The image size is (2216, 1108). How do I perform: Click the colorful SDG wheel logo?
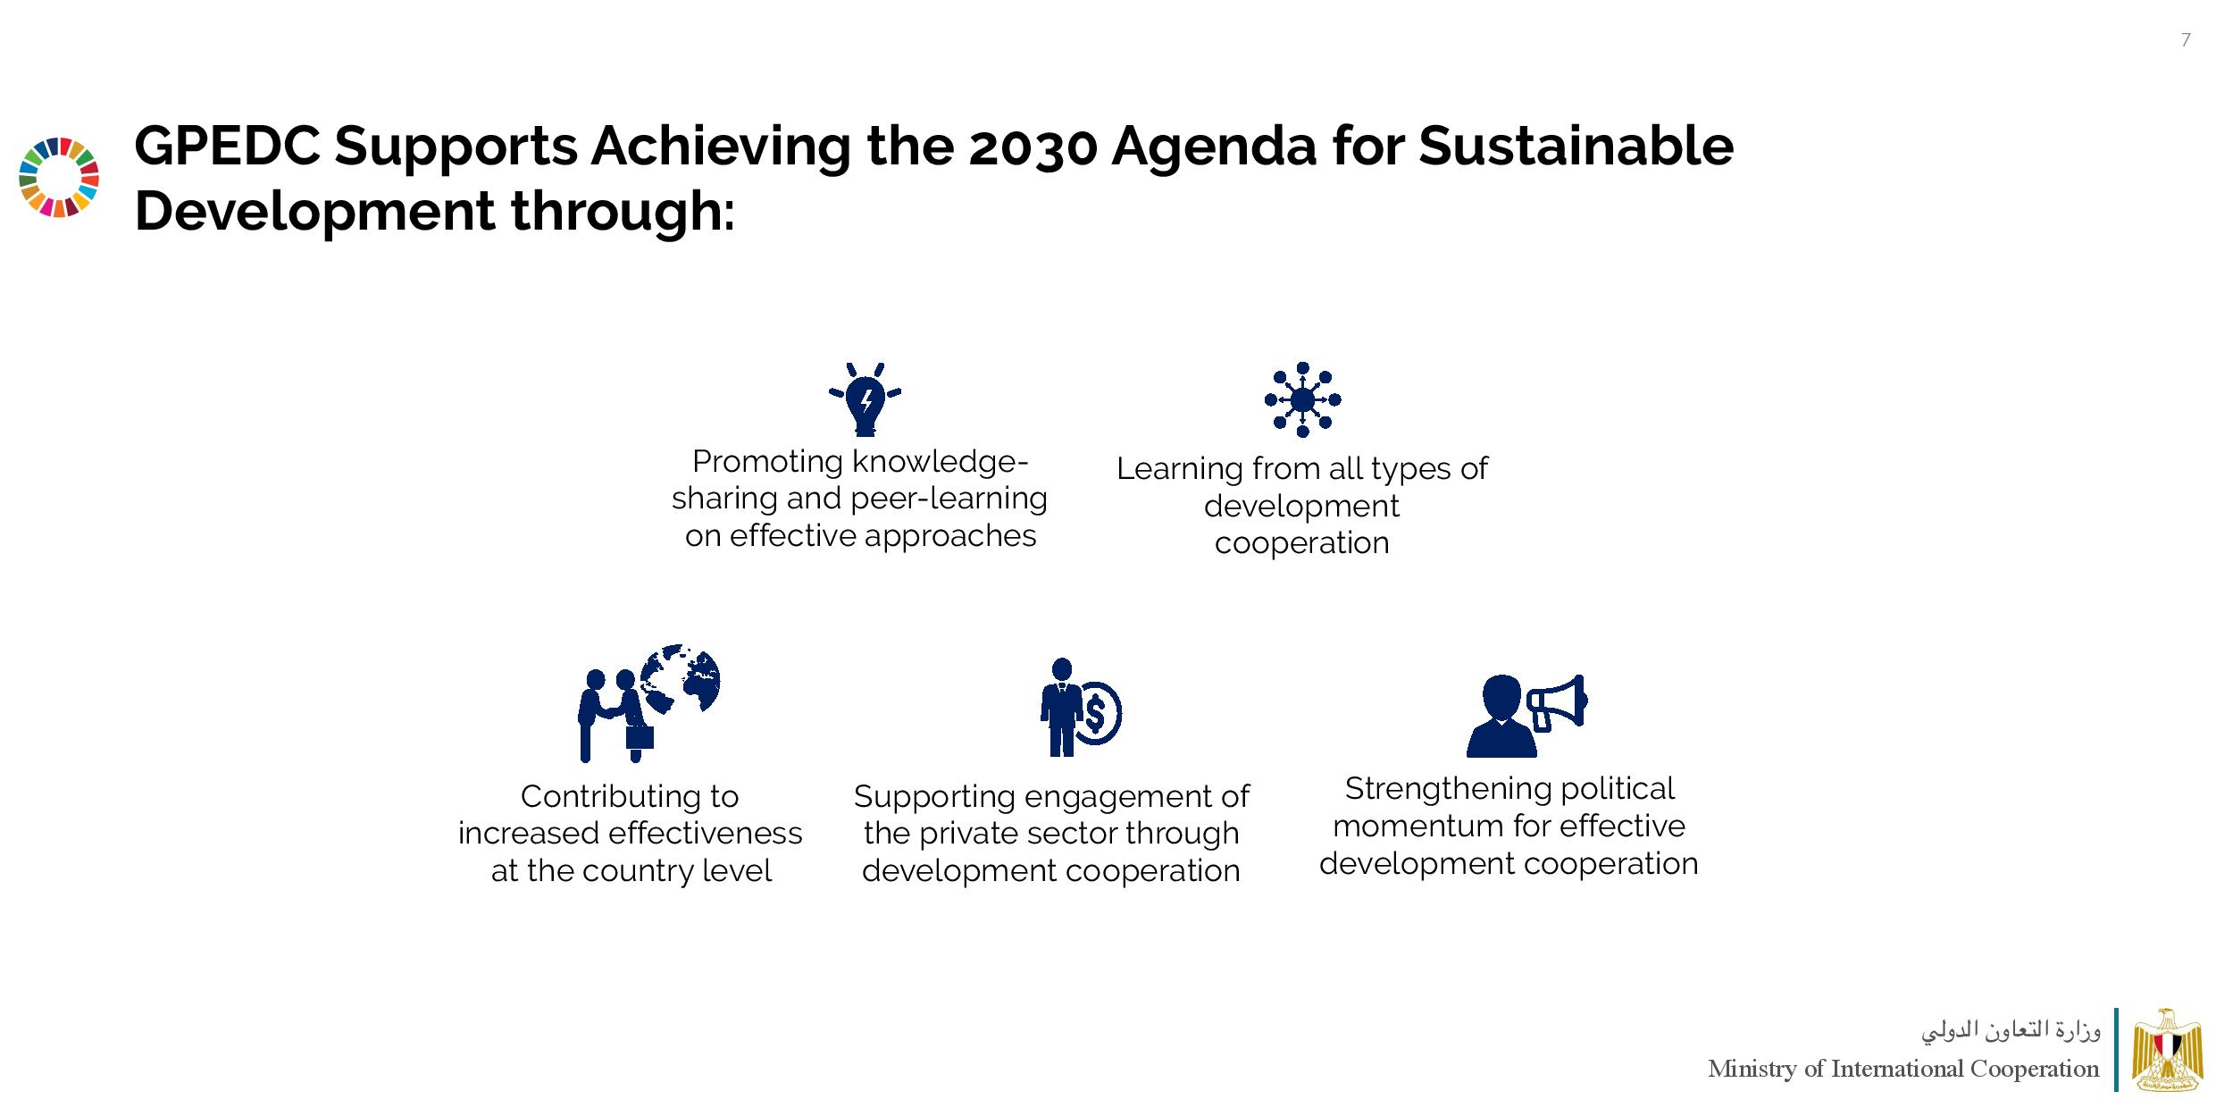click(59, 177)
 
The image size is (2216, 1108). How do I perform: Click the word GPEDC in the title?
click(227, 146)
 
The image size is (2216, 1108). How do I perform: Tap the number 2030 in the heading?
click(1032, 147)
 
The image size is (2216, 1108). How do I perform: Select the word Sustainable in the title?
click(1576, 146)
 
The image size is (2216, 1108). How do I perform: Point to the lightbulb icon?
click(865, 399)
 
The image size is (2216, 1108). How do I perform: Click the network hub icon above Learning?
click(1302, 399)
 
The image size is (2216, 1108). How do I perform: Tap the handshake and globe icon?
click(648, 702)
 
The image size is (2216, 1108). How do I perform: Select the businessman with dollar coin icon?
click(1081, 707)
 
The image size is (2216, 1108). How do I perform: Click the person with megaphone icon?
click(1526, 715)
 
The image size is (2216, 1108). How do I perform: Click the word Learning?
click(1179, 469)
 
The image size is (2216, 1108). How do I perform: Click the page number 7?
click(2186, 40)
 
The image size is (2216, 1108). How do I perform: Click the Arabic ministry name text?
click(2011, 1031)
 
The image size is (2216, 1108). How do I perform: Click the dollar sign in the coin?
click(1095, 713)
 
